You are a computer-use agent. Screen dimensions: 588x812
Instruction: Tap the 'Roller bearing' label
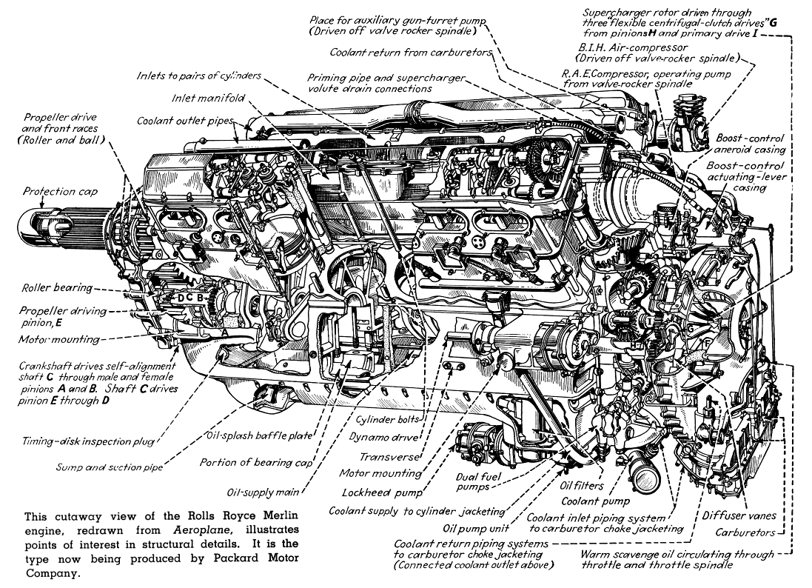(x=57, y=287)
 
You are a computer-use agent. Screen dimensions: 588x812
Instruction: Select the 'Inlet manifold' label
(x=208, y=98)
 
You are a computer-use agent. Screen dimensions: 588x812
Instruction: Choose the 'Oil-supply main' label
(x=263, y=492)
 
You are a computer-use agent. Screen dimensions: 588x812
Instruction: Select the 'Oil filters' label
(x=581, y=485)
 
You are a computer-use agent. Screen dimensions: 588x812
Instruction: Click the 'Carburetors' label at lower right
(x=745, y=532)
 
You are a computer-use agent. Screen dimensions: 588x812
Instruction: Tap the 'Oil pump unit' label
(x=476, y=528)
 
